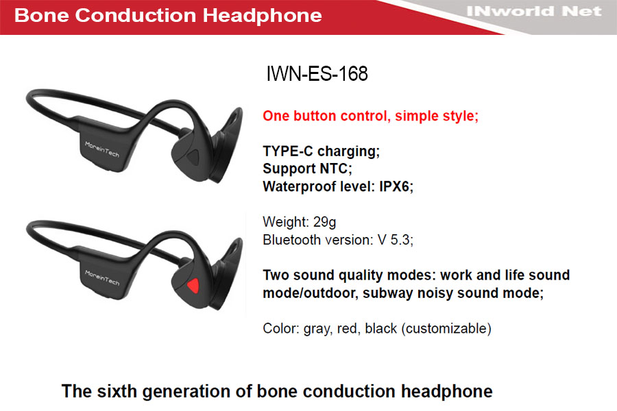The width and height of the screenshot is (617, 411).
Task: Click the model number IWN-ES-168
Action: (317, 73)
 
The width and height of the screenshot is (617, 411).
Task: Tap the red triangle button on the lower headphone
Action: (193, 286)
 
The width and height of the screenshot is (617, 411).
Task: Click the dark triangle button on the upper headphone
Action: (193, 157)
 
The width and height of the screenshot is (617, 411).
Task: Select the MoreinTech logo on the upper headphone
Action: (102, 149)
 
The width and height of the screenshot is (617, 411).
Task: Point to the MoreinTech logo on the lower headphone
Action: (102, 277)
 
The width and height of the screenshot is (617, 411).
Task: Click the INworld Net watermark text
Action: (534, 12)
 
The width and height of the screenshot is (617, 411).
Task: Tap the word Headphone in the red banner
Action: (262, 15)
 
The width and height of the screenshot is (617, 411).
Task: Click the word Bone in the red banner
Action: (42, 15)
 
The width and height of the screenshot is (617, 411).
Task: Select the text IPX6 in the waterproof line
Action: (396, 186)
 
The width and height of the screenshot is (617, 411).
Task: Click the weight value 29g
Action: (325, 222)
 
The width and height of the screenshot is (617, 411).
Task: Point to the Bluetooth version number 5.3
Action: (402, 240)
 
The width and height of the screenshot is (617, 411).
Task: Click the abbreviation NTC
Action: (336, 169)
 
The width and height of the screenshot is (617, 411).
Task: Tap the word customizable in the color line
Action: (446, 328)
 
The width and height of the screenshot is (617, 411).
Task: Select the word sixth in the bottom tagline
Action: (117, 391)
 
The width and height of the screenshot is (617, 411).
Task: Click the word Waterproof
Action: (298, 187)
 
